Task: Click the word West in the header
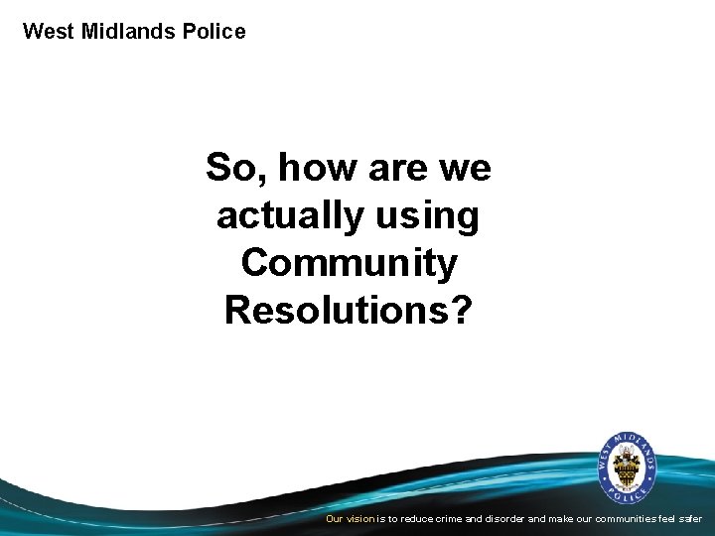(47, 31)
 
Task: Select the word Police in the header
(214, 31)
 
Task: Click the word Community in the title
(349, 263)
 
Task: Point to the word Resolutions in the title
(336, 310)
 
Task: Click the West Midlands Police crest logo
(627, 467)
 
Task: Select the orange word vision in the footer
(360, 518)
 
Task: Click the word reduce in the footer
(417, 518)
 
